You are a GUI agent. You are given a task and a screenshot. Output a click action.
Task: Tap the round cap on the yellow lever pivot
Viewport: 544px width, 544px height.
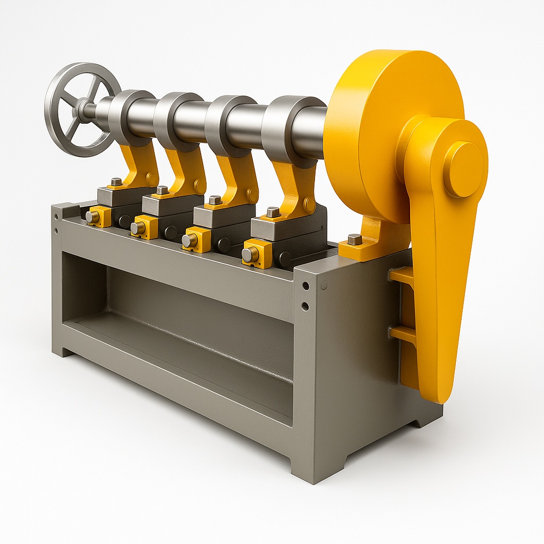[463, 169]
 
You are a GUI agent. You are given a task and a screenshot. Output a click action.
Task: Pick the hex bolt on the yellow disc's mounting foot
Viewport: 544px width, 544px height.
[354, 239]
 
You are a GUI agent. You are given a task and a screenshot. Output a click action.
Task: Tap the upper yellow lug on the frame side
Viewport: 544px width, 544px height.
[401, 275]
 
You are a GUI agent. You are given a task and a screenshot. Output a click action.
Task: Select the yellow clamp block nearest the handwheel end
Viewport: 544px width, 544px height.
[99, 216]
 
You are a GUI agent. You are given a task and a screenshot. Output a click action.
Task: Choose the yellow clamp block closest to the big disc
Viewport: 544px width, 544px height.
[258, 253]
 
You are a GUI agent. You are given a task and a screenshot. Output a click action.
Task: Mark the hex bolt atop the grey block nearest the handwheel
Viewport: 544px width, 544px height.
[116, 182]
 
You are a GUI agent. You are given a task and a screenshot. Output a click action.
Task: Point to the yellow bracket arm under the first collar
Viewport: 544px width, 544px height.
[141, 165]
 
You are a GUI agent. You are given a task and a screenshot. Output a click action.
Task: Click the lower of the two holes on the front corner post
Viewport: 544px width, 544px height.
[305, 306]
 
